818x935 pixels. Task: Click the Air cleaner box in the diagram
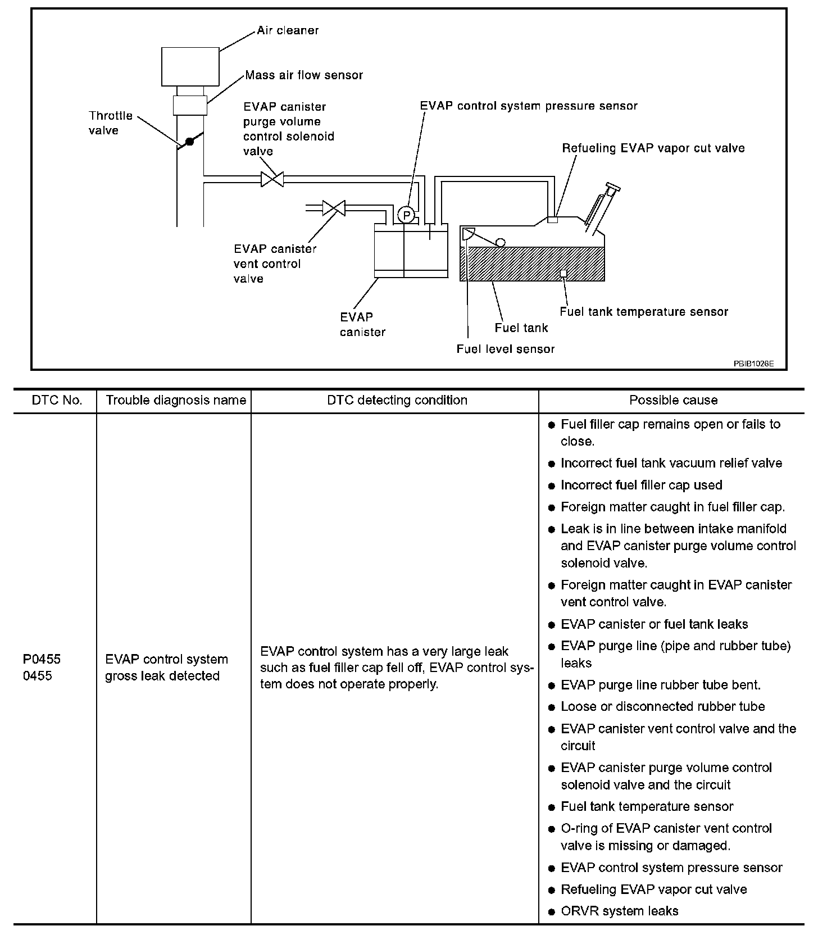(190, 66)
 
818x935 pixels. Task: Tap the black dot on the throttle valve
(190, 142)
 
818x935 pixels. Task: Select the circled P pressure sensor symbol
(406, 215)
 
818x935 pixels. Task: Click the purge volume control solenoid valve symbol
(272, 179)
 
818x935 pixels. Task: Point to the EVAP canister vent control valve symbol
(334, 208)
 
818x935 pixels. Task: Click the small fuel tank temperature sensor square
(563, 273)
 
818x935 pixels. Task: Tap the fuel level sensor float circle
(499, 242)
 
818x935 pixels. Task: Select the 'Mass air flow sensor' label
(304, 75)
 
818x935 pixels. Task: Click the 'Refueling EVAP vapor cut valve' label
(653, 148)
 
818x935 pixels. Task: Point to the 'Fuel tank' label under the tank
(521, 328)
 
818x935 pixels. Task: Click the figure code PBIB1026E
(753, 364)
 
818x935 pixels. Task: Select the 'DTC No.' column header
(57, 400)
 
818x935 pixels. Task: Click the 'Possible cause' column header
(673, 400)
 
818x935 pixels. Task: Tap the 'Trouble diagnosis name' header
(176, 400)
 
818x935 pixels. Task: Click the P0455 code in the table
(42, 659)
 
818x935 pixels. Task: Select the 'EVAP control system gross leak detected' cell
(166, 667)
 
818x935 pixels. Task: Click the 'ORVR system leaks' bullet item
(619, 911)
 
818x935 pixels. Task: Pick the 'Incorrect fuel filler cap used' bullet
(641, 485)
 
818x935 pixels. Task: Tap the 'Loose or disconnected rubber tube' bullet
(662, 706)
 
